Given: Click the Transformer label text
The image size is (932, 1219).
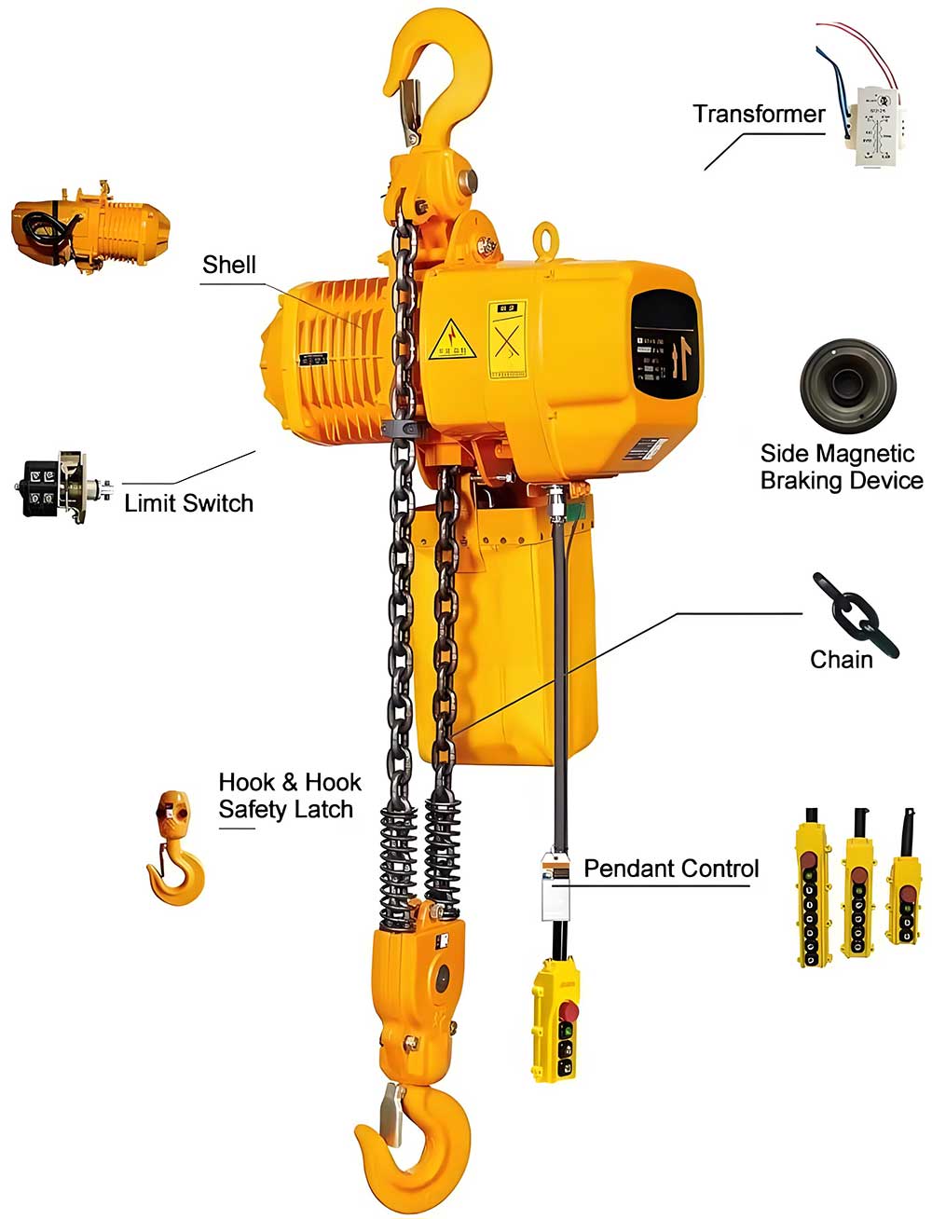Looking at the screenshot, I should pos(759,115).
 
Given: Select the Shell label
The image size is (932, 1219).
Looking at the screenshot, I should pos(228,265).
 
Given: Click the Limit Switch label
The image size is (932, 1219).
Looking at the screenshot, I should pos(188,503).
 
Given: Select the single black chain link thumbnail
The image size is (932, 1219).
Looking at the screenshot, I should pos(855,615).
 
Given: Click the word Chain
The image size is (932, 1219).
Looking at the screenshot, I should pos(841,660).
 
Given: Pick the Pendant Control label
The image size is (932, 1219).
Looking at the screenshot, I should pos(671,869).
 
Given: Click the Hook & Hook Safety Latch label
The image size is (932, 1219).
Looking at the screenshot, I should pos(289,795).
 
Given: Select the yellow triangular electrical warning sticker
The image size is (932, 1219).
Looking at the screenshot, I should pos(452,340).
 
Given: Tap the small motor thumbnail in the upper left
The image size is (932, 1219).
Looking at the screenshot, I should pos(90,224).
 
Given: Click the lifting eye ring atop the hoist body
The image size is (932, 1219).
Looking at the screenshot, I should pos(545,238).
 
